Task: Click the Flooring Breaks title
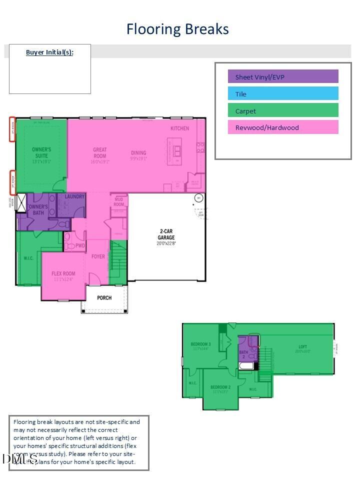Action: (x=177, y=29)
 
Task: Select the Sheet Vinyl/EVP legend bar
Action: (x=283, y=76)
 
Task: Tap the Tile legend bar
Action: (x=283, y=93)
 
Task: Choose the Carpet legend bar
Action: (x=283, y=110)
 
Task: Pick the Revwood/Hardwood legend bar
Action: (x=283, y=127)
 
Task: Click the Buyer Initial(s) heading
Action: (x=49, y=52)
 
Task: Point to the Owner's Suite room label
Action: (x=41, y=152)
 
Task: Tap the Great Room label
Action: (x=100, y=152)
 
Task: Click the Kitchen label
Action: (x=179, y=128)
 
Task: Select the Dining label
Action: (x=138, y=153)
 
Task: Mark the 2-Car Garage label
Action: (x=166, y=234)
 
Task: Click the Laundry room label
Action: (x=74, y=197)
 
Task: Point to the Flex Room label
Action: (x=63, y=273)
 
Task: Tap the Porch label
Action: (x=104, y=297)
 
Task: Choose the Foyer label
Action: (x=98, y=256)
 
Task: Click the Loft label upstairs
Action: (x=303, y=346)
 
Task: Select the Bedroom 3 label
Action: (x=200, y=344)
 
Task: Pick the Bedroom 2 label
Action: (x=220, y=387)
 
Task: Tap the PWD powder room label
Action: (x=80, y=246)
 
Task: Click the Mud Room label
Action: (x=119, y=202)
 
